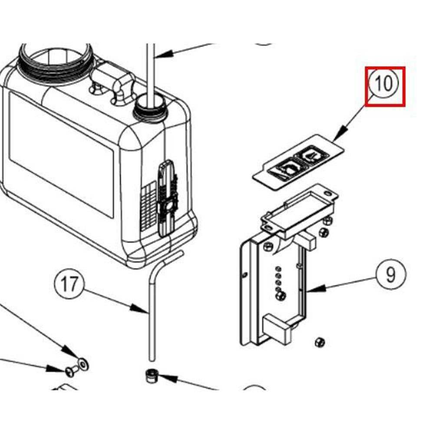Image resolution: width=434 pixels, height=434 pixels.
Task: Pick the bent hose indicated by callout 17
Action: click(152, 304)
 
